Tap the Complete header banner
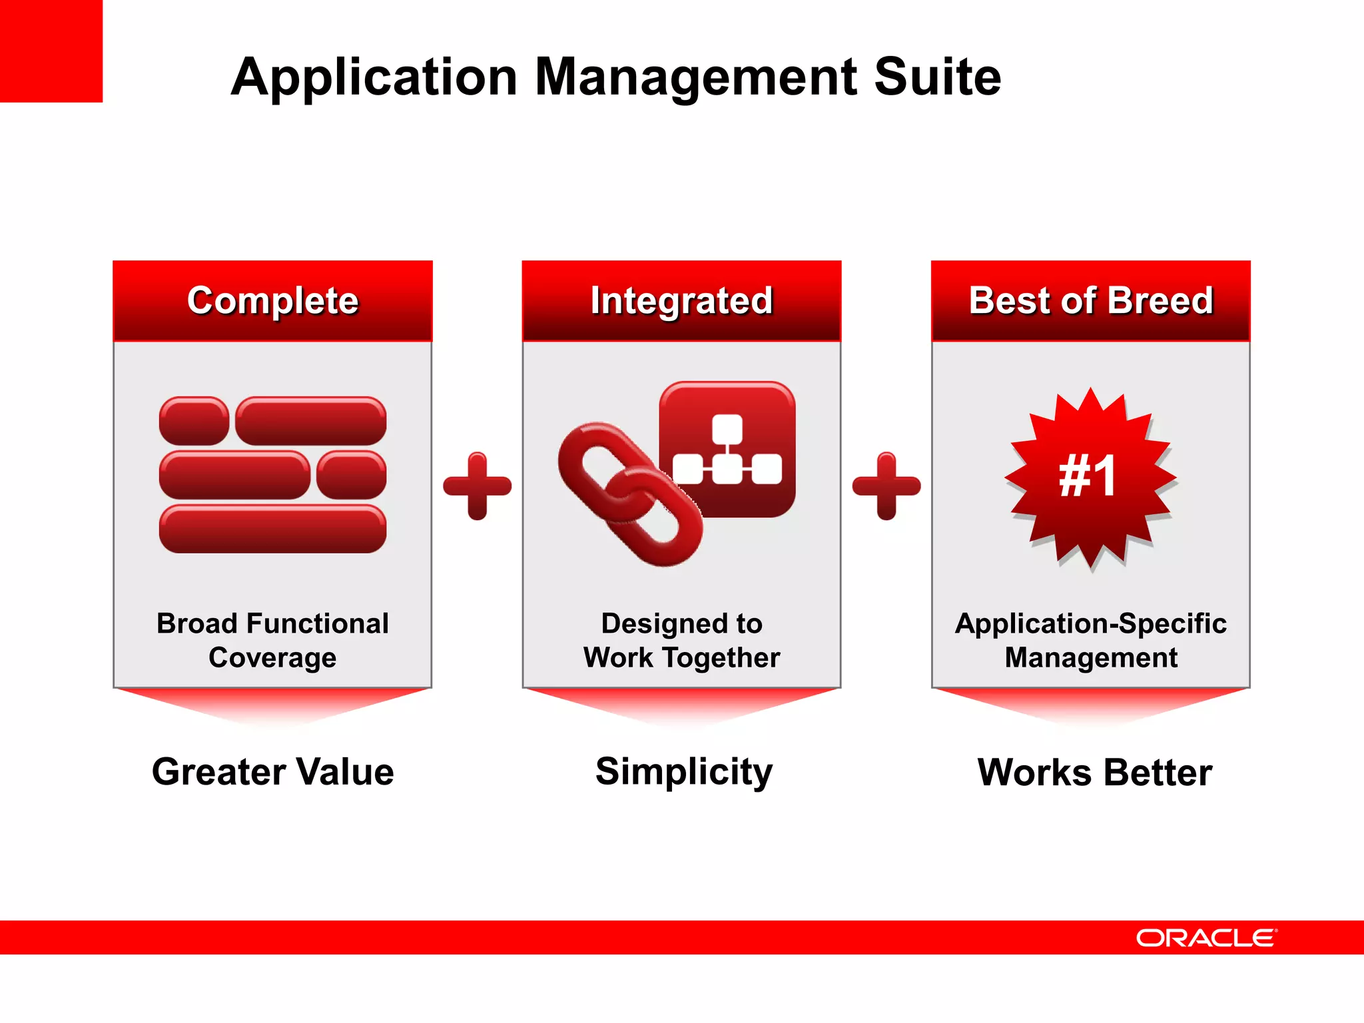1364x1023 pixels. coord(272,300)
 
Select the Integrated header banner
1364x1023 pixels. coord(681,300)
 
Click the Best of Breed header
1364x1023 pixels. coord(1090,300)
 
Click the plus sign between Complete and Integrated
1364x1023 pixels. coord(477,486)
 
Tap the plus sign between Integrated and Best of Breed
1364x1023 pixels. coord(886,486)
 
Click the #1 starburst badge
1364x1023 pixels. coord(1090,477)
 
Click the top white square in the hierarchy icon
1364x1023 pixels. coord(727,428)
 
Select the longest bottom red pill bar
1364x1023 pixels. coord(272,529)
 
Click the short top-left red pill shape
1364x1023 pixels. coord(194,421)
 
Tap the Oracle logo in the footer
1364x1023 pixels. coord(1206,938)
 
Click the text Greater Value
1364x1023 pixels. coord(272,772)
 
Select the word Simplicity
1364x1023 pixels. coord(683,772)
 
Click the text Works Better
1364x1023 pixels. coord(1094,773)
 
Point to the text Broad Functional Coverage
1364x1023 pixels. coord(272,640)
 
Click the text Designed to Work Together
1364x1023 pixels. coord(681,640)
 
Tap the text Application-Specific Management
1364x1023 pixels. coord(1090,640)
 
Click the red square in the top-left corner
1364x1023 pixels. coord(51,51)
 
